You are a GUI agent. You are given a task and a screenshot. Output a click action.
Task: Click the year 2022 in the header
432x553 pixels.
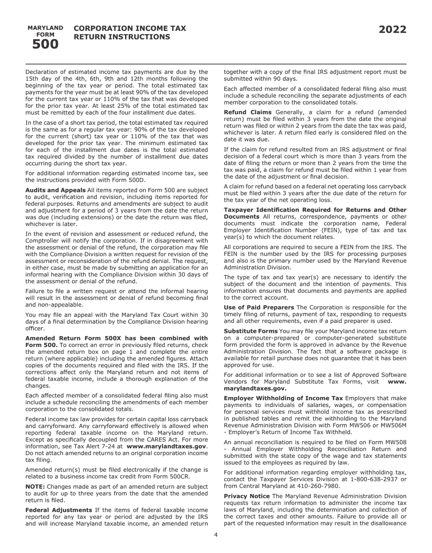coord(392,30)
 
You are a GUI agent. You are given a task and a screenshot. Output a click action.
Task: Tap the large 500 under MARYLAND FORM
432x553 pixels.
coord(45,45)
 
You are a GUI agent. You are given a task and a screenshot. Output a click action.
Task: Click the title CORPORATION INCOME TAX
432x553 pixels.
coord(130,28)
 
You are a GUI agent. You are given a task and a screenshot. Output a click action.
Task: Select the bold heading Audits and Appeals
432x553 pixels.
coord(55,190)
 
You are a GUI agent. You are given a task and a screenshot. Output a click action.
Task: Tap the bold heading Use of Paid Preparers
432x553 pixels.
coord(259,307)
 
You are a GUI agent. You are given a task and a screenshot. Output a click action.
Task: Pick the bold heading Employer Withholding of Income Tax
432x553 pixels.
coord(283,398)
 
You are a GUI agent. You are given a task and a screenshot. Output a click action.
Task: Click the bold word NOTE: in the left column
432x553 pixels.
coord(35,487)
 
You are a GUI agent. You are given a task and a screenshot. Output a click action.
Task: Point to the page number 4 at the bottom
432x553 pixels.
coord(216,535)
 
